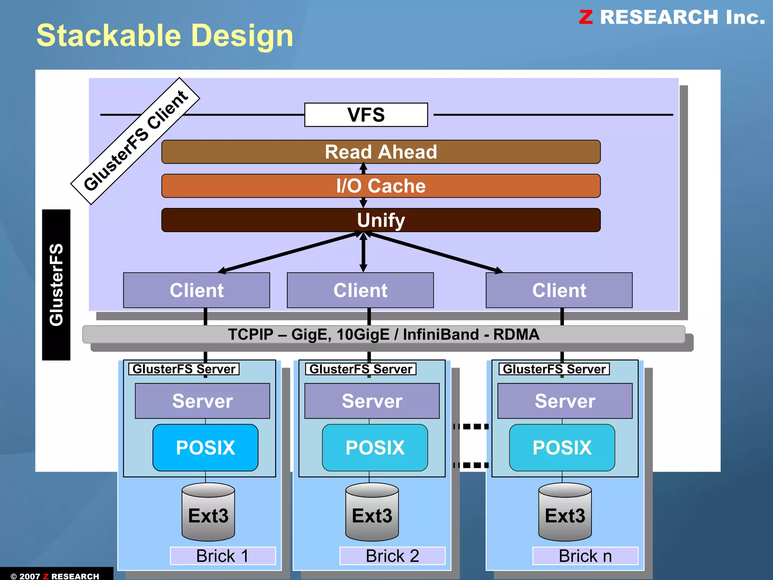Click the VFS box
click(366, 115)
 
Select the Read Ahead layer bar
click(380, 152)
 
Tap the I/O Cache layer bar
click(380, 186)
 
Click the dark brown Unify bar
click(380, 220)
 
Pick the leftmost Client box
click(196, 290)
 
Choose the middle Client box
click(360, 290)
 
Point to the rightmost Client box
click(559, 290)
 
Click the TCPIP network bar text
click(383, 334)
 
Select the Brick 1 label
click(223, 556)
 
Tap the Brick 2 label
click(392, 556)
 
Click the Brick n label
click(585, 556)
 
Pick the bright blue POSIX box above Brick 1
click(205, 448)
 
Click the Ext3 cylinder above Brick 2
click(372, 513)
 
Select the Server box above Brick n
click(565, 401)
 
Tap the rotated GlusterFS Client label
click(135, 141)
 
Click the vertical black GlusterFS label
click(56, 285)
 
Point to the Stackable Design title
click(165, 35)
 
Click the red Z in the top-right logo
click(586, 17)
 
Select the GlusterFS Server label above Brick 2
click(360, 369)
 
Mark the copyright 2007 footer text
click(55, 576)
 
